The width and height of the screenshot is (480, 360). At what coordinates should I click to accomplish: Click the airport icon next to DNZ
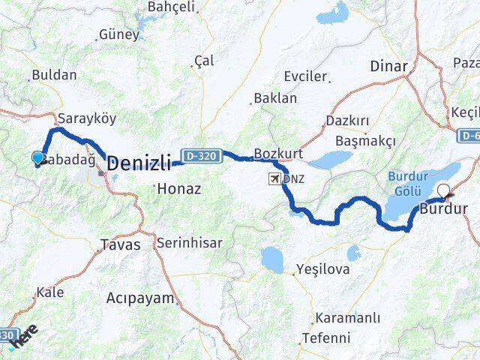click(277, 178)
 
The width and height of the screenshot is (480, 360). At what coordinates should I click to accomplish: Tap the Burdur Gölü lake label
click(409, 182)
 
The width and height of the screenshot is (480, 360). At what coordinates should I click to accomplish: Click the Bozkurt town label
click(277, 154)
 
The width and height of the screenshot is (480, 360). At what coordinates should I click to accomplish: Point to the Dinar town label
click(388, 66)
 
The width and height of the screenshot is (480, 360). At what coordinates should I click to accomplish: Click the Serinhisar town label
click(192, 243)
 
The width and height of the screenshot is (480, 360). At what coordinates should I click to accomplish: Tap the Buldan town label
click(53, 75)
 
